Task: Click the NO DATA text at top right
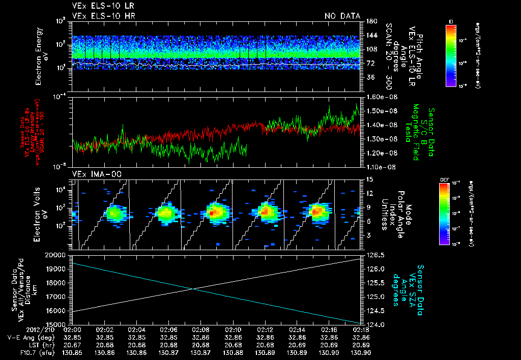[x=342, y=16]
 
